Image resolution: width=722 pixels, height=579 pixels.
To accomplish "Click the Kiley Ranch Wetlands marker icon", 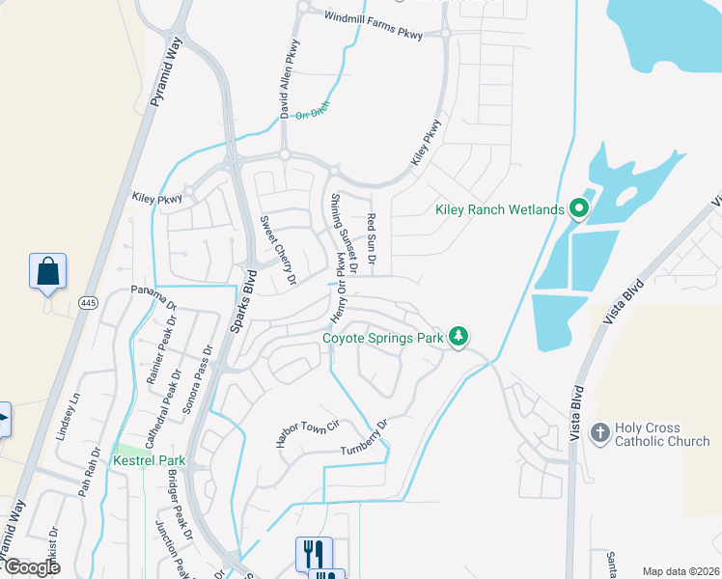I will click(x=579, y=208).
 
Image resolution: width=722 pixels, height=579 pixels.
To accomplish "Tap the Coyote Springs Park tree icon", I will click(x=460, y=337).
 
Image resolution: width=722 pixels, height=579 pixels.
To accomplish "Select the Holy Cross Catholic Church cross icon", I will click(x=599, y=433).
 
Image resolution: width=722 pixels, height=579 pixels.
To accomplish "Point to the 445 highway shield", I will click(x=88, y=302).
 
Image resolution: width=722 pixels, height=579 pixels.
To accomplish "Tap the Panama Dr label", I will click(x=154, y=297).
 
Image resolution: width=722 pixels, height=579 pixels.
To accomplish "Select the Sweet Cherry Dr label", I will click(x=277, y=250).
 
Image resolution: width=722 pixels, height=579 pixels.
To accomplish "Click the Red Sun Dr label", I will click(x=371, y=241).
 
